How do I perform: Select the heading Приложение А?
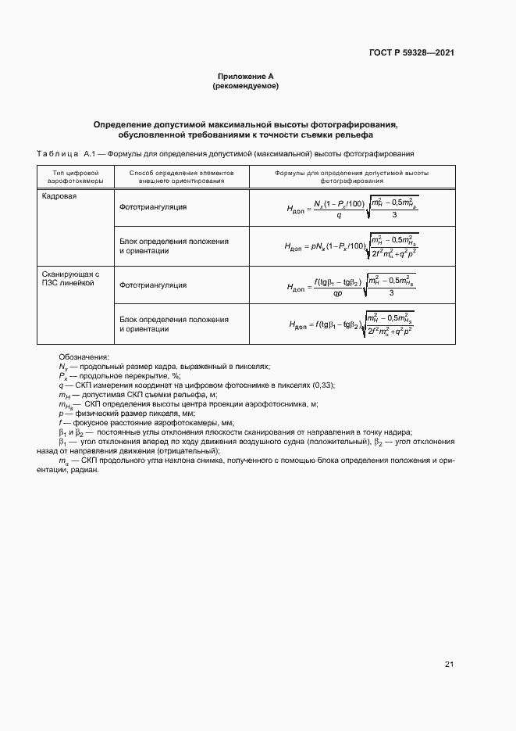tap(245, 77)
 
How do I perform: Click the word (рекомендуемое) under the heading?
tap(245, 86)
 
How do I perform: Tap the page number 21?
tap(449, 665)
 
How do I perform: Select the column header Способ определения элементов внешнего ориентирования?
tap(181, 176)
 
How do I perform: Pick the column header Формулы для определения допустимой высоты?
tap(351, 176)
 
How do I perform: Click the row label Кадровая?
tap(59, 197)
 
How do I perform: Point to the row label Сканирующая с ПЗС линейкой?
tap(71, 278)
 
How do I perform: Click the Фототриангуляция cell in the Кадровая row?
tap(153, 207)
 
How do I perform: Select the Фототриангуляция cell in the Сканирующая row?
tap(153, 285)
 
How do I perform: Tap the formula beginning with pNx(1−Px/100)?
tap(352, 246)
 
